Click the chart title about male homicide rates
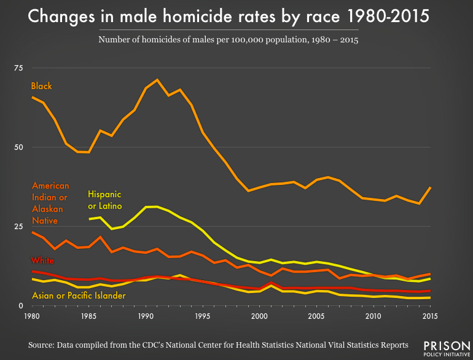(x=237, y=17)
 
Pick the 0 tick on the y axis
(x=20, y=306)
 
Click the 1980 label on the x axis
(x=32, y=316)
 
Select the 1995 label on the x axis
(x=203, y=316)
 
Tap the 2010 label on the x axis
(x=373, y=316)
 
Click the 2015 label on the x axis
(x=430, y=316)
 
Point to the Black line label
(x=42, y=87)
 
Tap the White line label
(x=43, y=261)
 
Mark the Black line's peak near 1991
(x=157, y=80)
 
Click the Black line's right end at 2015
(x=430, y=187)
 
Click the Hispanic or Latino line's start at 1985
(x=89, y=219)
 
